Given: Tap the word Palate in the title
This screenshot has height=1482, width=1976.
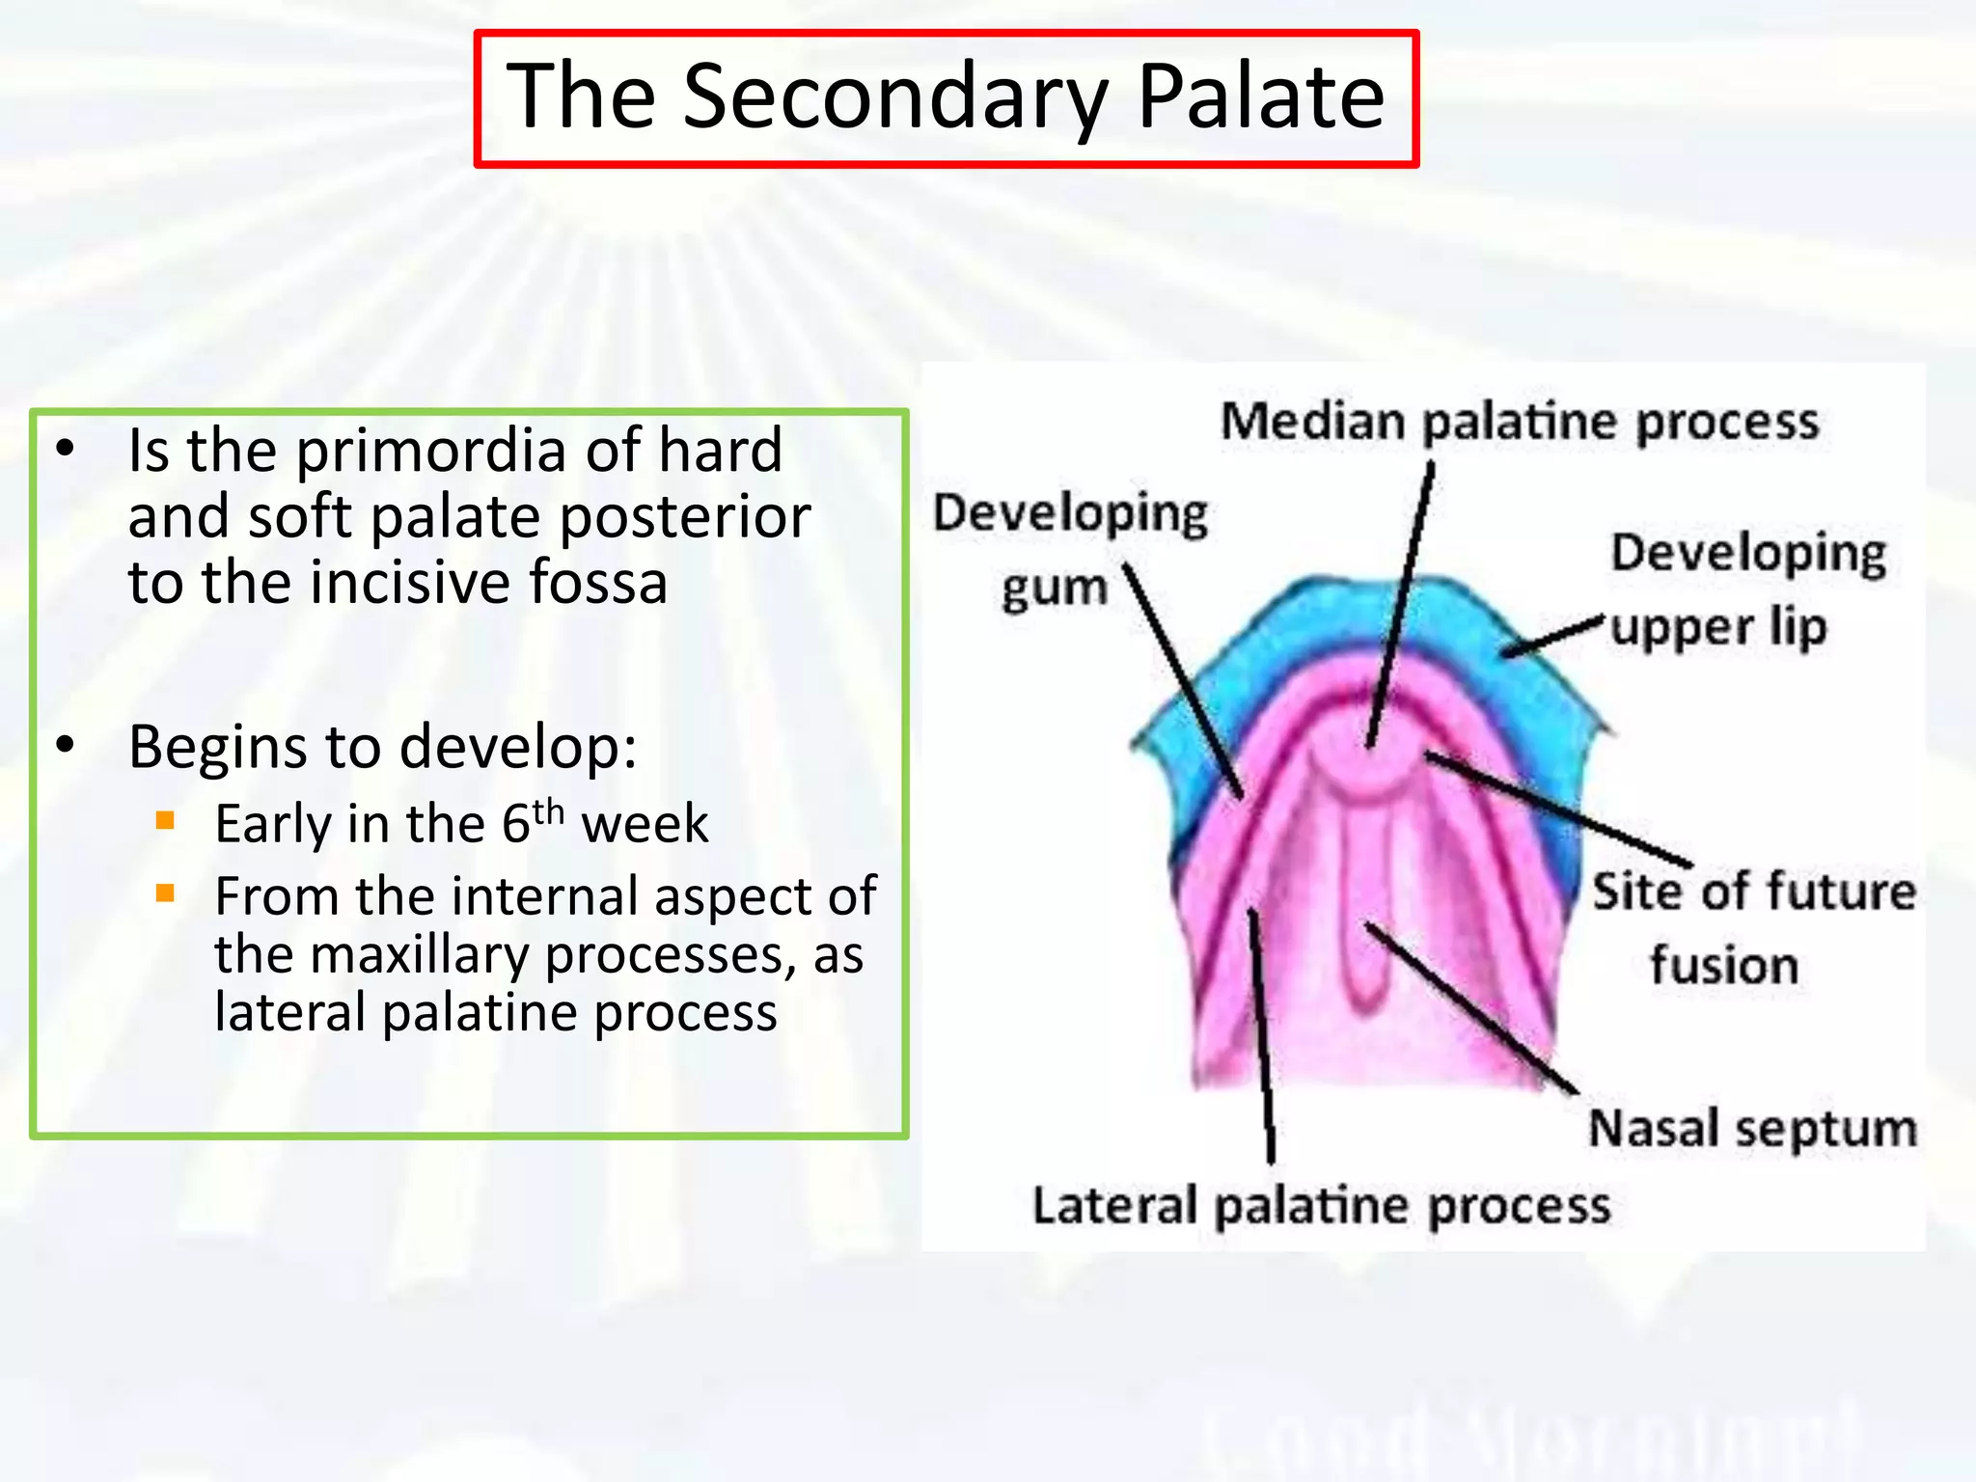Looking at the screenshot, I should point(1260,96).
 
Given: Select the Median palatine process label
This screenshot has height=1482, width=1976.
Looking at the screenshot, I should point(1520,422).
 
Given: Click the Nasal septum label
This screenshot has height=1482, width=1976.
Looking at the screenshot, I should point(1752,1128).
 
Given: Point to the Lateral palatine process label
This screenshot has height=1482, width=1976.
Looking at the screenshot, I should point(1321,1206).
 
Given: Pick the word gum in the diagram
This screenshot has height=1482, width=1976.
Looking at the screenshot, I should point(1054,589).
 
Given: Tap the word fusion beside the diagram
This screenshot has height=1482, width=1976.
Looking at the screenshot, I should point(1724,965).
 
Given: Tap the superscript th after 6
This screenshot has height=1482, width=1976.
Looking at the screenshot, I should point(548,811).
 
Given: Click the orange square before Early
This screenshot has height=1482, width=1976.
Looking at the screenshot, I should point(165,821).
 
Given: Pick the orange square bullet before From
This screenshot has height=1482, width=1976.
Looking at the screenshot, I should point(165,893).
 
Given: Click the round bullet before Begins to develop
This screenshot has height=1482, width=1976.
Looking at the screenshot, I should point(65,745).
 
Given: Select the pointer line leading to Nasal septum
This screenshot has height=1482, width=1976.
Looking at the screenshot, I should point(1471,1009).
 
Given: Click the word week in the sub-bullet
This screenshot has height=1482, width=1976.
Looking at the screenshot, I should point(645,824).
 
